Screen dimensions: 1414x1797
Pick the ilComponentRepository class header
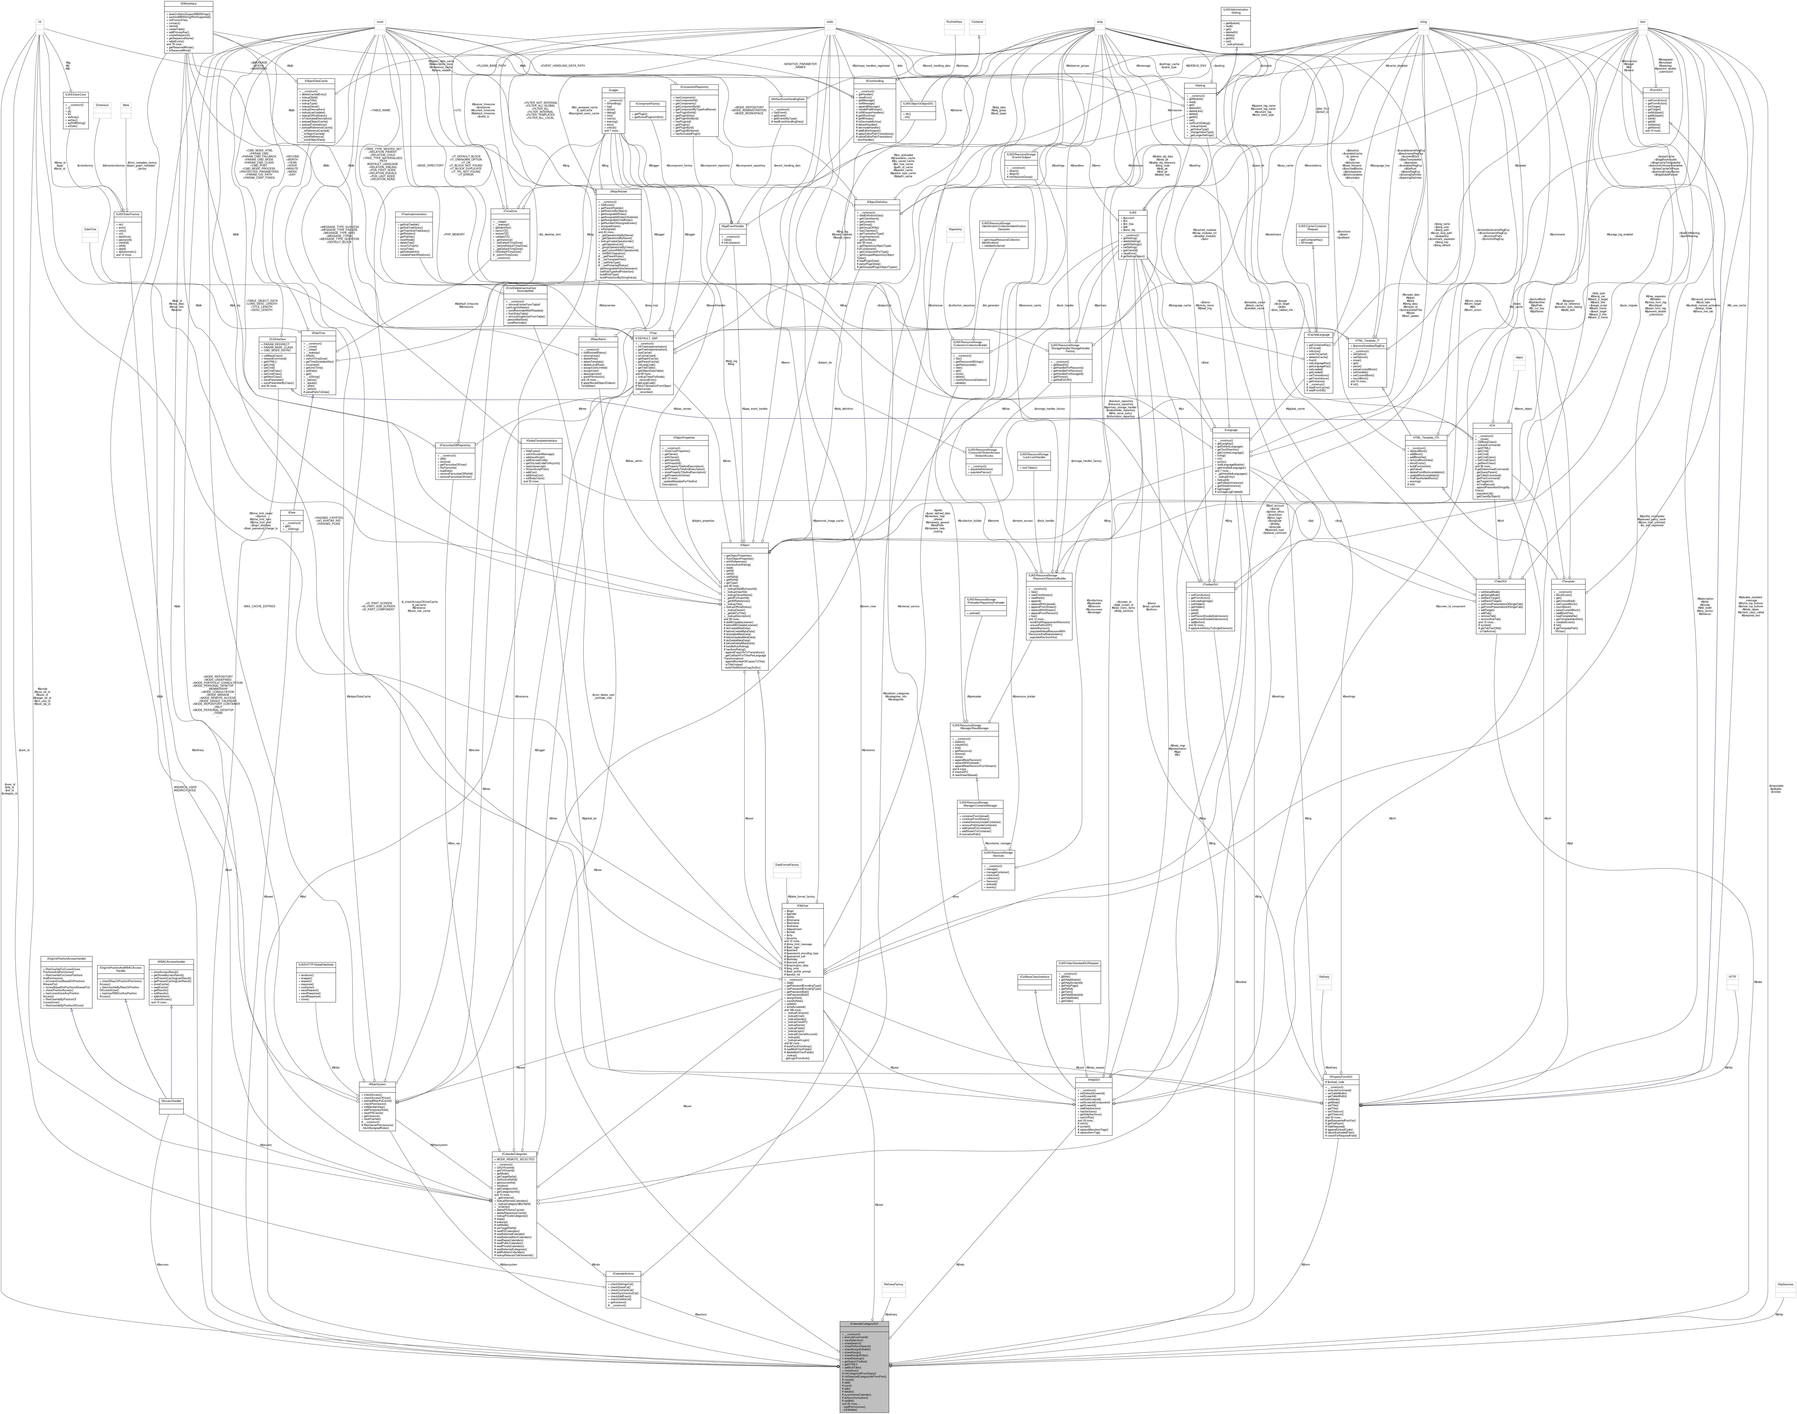point(693,87)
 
